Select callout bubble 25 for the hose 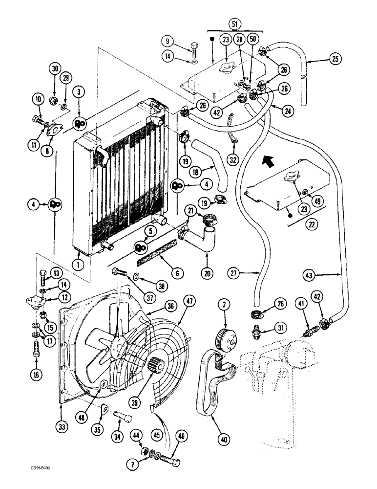335,59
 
